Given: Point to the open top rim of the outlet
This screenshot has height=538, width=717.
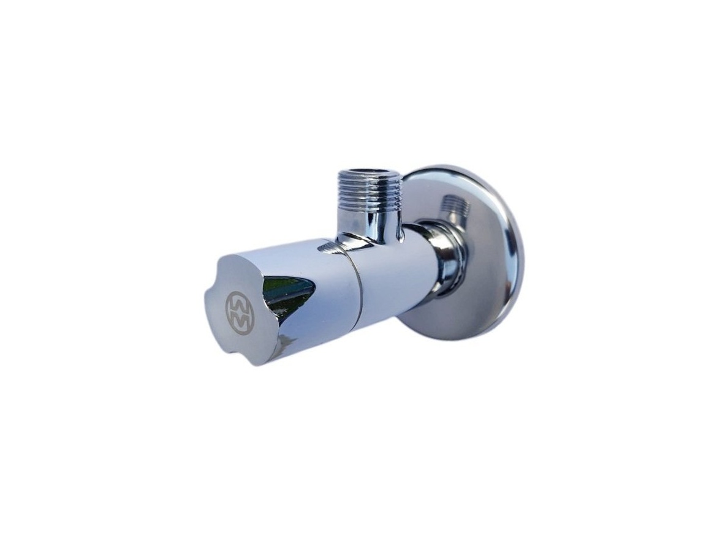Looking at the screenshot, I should click(370, 173).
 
